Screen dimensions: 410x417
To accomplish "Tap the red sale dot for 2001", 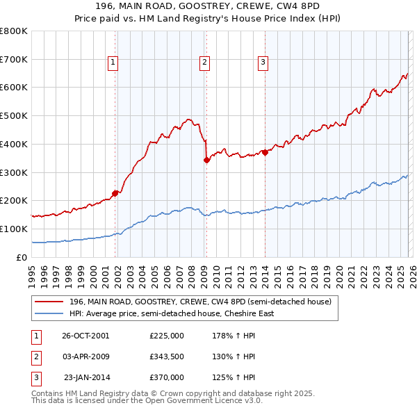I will point(115,194).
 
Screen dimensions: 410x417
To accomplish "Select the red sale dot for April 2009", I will point(206,160).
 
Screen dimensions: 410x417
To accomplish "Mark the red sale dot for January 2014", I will point(265,152).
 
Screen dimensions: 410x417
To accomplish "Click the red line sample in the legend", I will point(49,302).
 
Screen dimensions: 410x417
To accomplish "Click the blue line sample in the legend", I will point(49,313).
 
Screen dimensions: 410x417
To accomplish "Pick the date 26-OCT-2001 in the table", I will point(85,335).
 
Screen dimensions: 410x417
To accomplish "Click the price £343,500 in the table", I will point(166,356).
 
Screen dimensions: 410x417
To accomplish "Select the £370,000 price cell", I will point(166,377).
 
